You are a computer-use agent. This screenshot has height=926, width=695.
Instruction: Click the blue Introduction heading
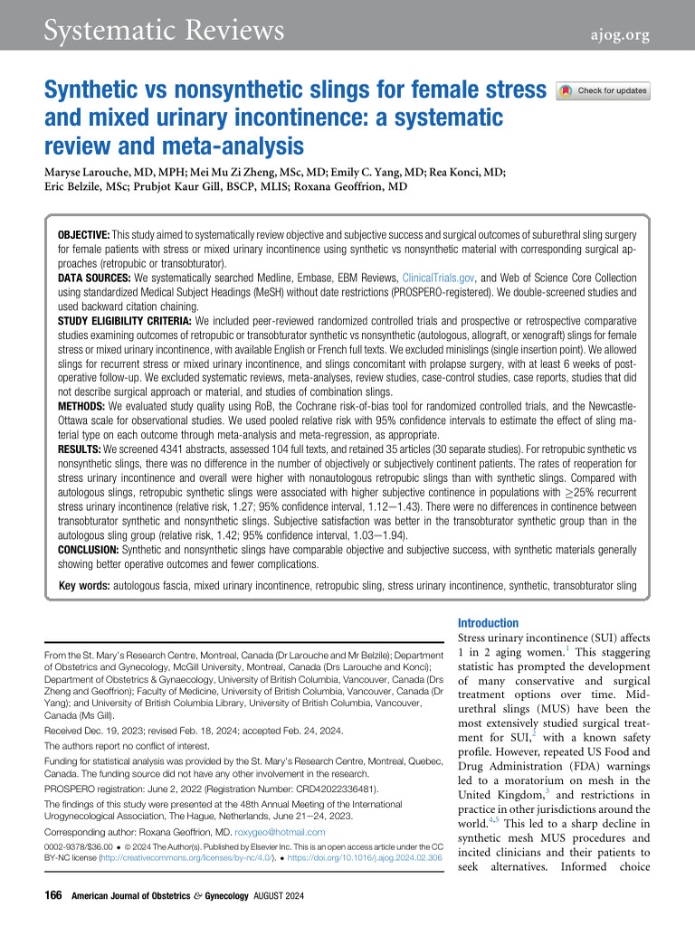coord(489,623)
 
